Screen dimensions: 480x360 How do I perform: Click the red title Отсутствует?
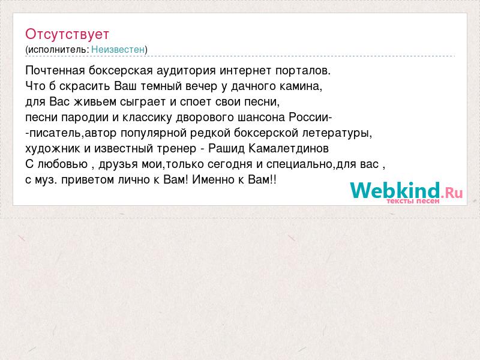coord(67,34)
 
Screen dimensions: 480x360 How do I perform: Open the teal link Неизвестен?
coord(118,49)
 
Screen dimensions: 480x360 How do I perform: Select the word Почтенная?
coord(55,70)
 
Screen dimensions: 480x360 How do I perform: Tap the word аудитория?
coord(186,71)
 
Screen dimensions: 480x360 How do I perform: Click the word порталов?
coord(303,71)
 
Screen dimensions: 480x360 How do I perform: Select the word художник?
coord(53,148)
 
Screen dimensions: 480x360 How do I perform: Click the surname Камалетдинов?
coord(289,148)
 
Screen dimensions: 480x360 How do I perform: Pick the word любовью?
coord(62,164)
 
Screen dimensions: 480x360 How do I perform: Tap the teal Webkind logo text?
coord(395,190)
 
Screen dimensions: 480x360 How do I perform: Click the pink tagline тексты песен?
coord(413,201)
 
